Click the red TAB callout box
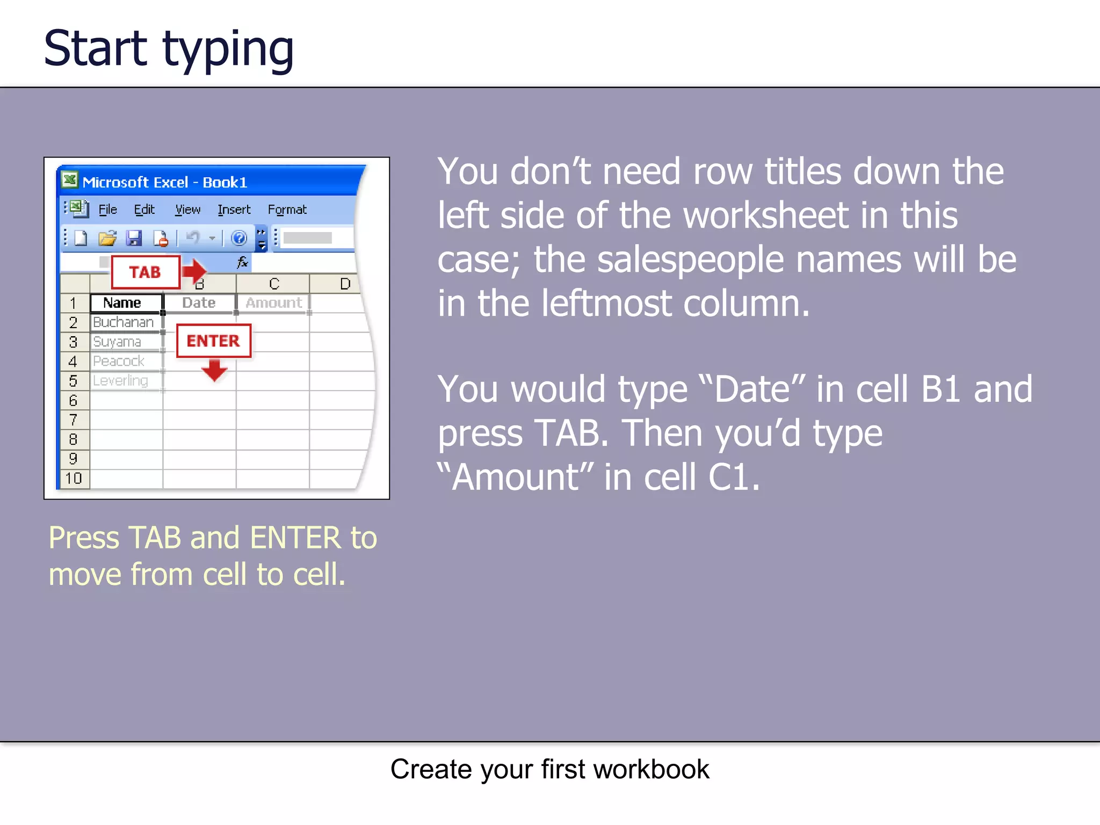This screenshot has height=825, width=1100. point(145,272)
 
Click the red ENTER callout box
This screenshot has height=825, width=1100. point(213,341)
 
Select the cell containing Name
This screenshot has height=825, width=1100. point(126,303)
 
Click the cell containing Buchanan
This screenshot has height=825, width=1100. point(125,322)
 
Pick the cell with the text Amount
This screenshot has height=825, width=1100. point(273,303)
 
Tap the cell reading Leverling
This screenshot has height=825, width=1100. point(122,381)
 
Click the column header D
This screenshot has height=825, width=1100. point(345,284)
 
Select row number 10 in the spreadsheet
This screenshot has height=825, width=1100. point(74,478)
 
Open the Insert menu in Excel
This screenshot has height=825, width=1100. point(234,209)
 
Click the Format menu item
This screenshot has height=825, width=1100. point(287,209)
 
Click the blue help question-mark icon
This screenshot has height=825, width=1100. point(238,237)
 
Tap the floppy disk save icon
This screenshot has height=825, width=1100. point(134,237)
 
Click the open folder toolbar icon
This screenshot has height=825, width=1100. point(107,237)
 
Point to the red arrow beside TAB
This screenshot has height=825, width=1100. point(194,271)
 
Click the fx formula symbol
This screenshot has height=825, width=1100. point(242,262)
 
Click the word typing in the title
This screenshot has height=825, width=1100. point(228,49)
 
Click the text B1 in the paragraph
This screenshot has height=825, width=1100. point(940,389)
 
